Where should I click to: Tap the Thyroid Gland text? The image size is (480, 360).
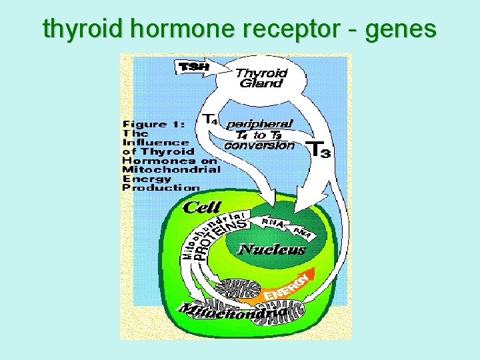[261, 78]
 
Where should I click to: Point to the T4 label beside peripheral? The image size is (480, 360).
[210, 119]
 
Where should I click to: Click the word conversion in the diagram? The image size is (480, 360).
[259, 145]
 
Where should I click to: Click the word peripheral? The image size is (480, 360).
[259, 124]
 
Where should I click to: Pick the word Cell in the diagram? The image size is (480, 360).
[201, 207]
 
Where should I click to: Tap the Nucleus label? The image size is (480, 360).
[271, 250]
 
